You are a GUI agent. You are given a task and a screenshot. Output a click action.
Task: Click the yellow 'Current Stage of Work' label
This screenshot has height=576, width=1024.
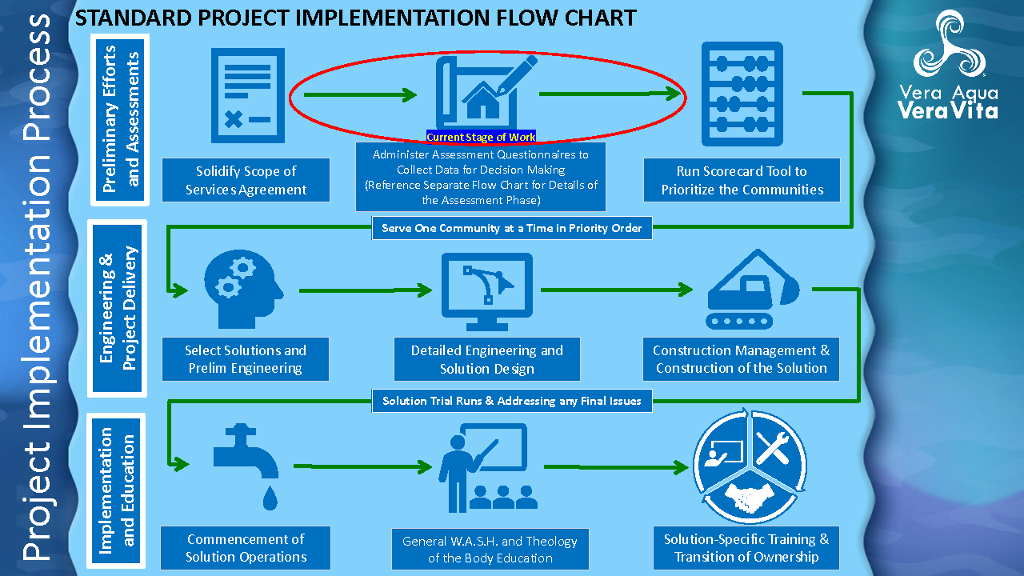[x=481, y=137]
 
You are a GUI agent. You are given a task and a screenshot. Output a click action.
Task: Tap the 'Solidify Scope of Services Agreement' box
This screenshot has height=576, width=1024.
[x=246, y=180]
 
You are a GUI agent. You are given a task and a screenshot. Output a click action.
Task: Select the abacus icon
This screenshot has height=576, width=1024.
[x=742, y=94]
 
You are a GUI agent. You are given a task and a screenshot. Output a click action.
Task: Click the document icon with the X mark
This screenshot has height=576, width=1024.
[x=247, y=95]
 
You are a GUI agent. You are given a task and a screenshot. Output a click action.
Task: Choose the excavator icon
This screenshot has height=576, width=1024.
[x=752, y=290]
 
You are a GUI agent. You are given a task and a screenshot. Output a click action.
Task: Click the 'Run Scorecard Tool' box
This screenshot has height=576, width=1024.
[x=742, y=180]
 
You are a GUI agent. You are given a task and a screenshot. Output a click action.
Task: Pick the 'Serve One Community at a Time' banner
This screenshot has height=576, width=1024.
[x=512, y=228]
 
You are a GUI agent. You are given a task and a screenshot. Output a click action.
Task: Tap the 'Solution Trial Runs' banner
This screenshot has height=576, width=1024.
[x=512, y=401]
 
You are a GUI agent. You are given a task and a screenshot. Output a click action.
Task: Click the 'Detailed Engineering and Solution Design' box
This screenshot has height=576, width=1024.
[x=486, y=359]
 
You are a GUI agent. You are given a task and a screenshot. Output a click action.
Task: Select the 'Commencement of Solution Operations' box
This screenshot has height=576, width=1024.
[x=246, y=548]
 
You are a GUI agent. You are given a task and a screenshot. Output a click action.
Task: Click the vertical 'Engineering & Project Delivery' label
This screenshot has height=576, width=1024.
[x=118, y=307]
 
